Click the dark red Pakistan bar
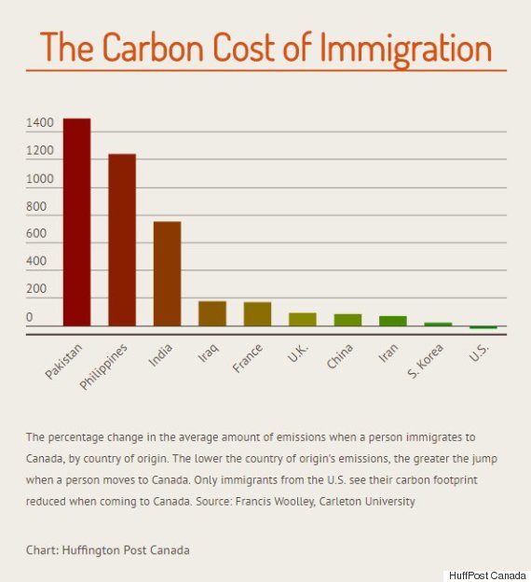pyautogui.click(x=76, y=222)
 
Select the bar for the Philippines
pyautogui.click(x=122, y=240)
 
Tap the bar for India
pyautogui.click(x=168, y=274)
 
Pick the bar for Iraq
pyautogui.click(x=212, y=313)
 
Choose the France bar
pyautogui.click(x=257, y=314)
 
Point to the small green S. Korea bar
pyautogui.click(x=438, y=325)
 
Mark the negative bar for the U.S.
pyautogui.click(x=483, y=327)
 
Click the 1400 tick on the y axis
pyautogui.click(x=40, y=123)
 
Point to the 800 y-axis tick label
pyautogui.click(x=36, y=206)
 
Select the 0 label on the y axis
pyautogui.click(x=29, y=317)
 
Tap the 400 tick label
pyautogui.click(x=36, y=261)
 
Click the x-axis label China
pyautogui.click(x=340, y=356)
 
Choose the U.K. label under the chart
pyautogui.click(x=298, y=353)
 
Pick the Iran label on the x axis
pyautogui.click(x=388, y=353)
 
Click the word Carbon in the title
pyautogui.click(x=153, y=48)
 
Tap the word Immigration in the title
pyautogui.click(x=405, y=49)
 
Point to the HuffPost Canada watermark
pyautogui.click(x=487, y=575)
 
